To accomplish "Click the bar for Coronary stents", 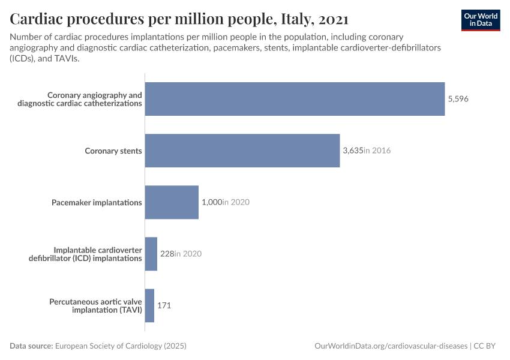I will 242,151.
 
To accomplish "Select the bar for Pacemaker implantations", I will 172,202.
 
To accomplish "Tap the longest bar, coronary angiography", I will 295,99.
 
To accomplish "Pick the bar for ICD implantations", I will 151,254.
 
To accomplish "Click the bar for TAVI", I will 149,305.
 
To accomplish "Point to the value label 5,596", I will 458,99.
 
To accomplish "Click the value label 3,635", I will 353,151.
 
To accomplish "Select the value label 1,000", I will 211,202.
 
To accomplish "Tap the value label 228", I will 166,254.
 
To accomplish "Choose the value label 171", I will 164,305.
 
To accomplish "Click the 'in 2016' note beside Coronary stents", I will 377,151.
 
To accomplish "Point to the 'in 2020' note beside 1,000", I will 236,202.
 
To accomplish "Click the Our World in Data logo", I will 480,20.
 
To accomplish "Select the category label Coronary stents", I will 113,151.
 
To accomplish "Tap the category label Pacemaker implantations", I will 97,202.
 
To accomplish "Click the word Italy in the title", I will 295,19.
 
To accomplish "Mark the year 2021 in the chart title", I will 334,19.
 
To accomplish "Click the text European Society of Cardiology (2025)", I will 121,346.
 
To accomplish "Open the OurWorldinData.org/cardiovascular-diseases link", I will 391,346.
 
